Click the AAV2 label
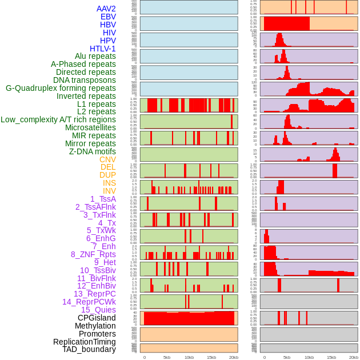(106, 9)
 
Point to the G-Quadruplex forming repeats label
(61, 88)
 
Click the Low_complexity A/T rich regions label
(58, 119)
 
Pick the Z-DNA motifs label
(92, 151)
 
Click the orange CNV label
(107, 159)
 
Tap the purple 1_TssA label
(103, 199)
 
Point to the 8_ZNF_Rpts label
(93, 254)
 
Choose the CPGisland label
(97, 318)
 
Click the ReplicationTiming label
(84, 342)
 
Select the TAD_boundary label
(89, 349)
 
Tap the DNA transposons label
(85, 80)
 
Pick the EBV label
(108, 17)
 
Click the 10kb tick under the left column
(189, 357)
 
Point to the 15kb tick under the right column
(331, 357)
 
